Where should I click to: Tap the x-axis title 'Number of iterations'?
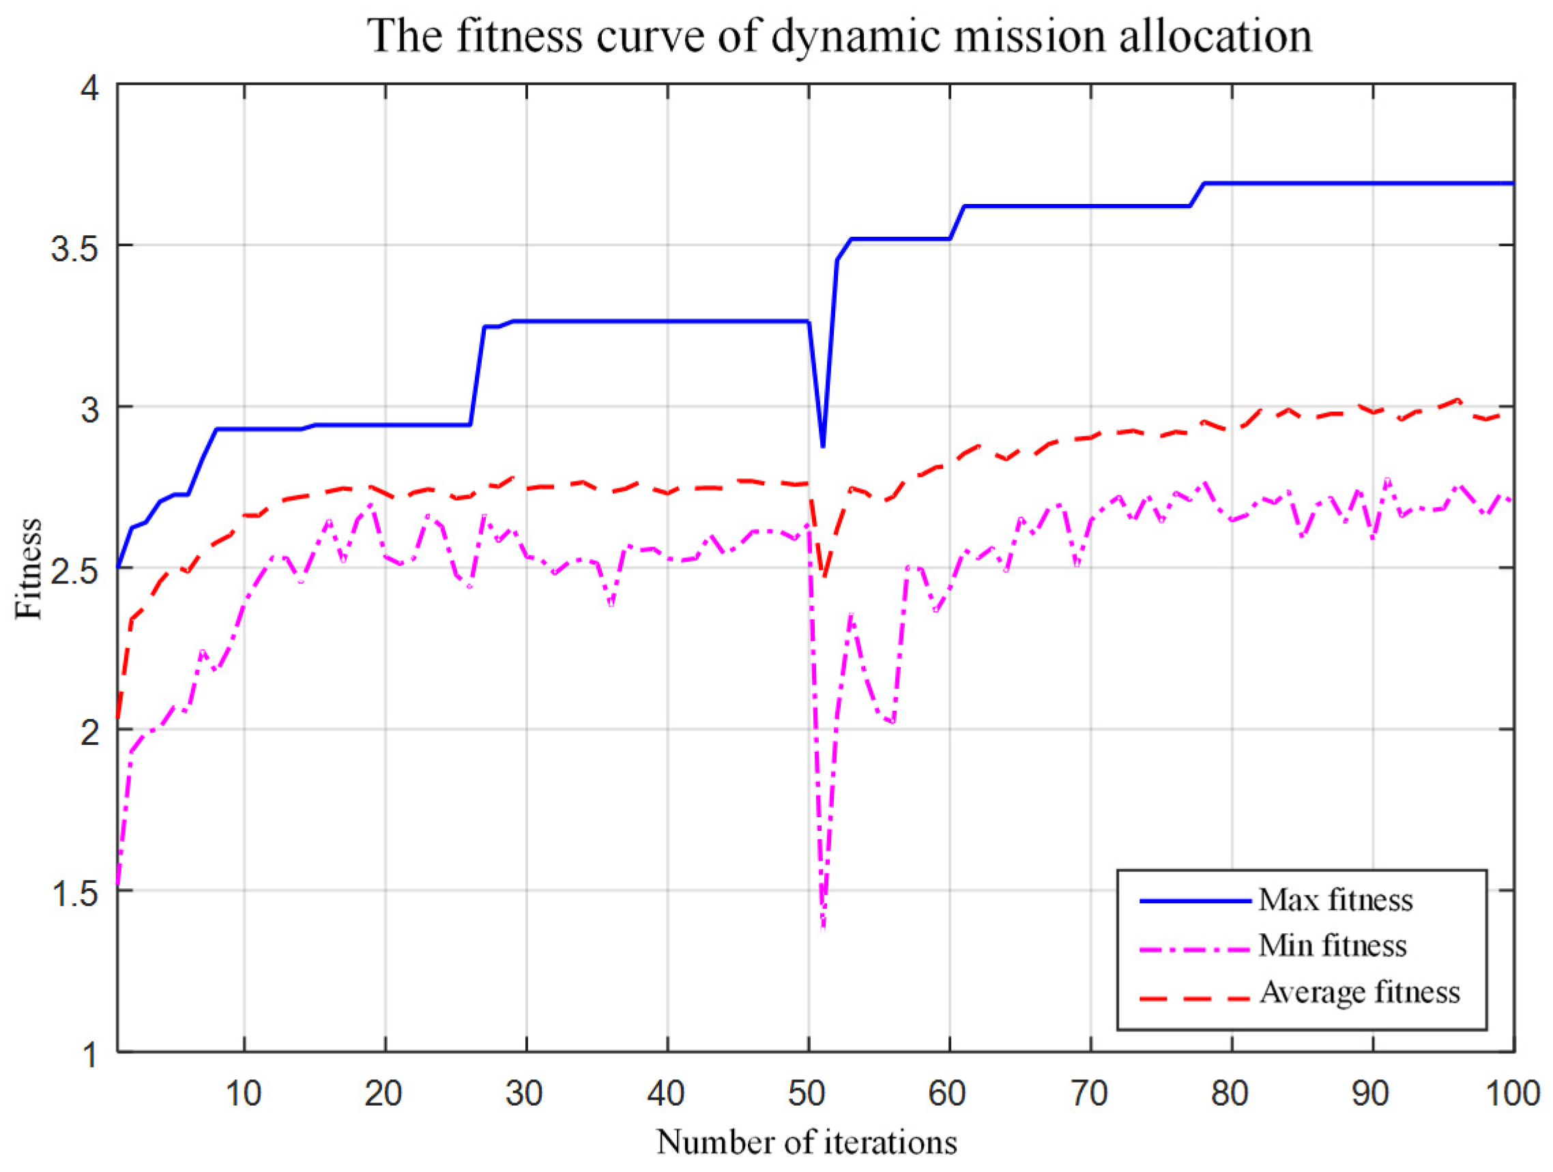(807, 1142)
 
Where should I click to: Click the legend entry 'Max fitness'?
(1335, 900)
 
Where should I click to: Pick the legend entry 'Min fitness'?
(1332, 946)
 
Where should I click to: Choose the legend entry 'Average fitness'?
(1359, 993)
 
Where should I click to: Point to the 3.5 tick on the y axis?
(74, 246)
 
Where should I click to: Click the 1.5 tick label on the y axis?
(74, 892)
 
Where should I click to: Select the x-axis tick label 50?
(807, 1094)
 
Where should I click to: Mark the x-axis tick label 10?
(243, 1094)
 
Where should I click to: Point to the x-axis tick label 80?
(1230, 1094)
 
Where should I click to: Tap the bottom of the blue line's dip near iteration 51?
(823, 446)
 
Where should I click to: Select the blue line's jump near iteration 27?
(478, 375)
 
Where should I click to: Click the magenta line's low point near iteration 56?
(892, 722)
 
